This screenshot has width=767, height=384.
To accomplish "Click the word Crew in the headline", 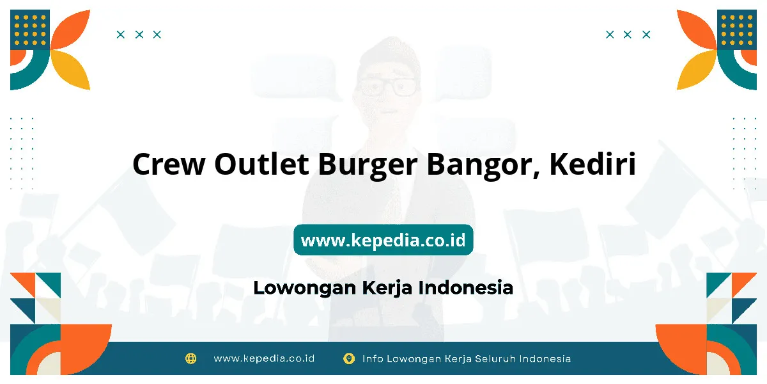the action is pos(169,164).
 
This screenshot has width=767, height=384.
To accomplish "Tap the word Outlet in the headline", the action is pos(261,163).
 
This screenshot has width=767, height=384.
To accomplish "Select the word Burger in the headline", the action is pos(368,166).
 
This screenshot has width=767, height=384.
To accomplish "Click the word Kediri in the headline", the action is pos(593,163).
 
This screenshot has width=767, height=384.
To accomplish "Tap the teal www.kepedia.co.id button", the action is pos(383,239).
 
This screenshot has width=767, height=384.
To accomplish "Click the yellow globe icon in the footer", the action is pos(190,358).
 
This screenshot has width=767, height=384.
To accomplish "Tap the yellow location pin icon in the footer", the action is pos(348,358).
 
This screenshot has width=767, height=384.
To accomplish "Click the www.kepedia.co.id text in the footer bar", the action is pos(264,358).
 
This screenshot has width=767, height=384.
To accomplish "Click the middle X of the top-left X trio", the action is pos(139,35).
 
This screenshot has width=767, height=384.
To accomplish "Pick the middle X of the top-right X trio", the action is pos(628,35).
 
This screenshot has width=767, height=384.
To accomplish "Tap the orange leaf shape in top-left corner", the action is pos(70,29).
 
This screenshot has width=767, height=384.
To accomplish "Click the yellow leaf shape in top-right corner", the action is pos(697,70).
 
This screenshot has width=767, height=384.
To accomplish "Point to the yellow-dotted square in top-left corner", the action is pos(30,29).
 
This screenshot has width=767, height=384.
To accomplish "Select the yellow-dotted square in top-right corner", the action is pos(737,29).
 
